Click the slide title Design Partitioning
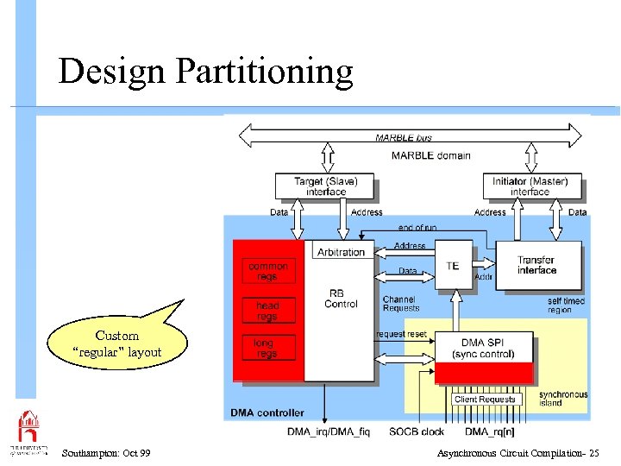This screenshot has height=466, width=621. [205, 72]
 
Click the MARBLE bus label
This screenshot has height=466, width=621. [404, 137]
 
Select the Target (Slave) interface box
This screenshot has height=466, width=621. [325, 186]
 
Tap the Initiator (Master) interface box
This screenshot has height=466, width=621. [530, 186]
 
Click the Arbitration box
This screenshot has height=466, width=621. [341, 252]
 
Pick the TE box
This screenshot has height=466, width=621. [453, 266]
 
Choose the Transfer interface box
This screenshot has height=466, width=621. [536, 265]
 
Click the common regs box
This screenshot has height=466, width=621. [268, 271]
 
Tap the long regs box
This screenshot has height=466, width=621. [264, 349]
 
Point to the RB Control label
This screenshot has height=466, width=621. [341, 299]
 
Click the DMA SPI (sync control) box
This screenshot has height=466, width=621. [483, 349]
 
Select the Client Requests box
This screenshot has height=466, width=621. [485, 400]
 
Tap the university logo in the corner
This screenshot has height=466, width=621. [28, 431]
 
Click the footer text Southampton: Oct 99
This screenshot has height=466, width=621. [106, 453]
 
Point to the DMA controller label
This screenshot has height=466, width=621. [267, 413]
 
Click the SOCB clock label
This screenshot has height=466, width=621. [417, 431]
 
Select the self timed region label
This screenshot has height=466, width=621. [566, 305]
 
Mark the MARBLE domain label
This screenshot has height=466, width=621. [430, 155]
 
